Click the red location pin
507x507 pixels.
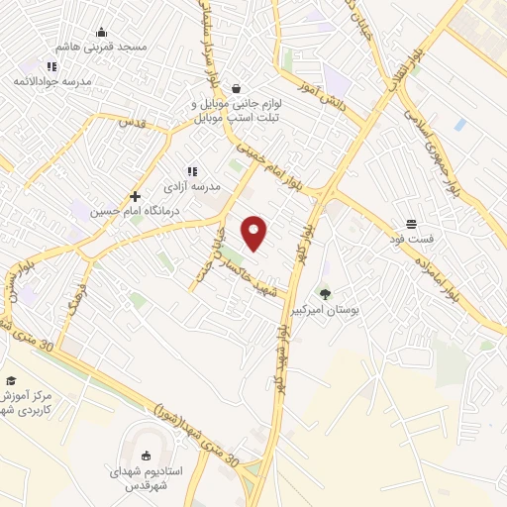[254, 233]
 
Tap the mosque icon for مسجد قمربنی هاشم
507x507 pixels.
[102, 33]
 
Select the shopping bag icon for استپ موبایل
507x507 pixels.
[235, 88]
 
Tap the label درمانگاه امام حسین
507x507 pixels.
[123, 211]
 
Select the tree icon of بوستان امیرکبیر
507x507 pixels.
[326, 293]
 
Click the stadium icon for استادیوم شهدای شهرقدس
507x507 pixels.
[147, 456]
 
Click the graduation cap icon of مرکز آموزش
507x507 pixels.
[11, 381]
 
